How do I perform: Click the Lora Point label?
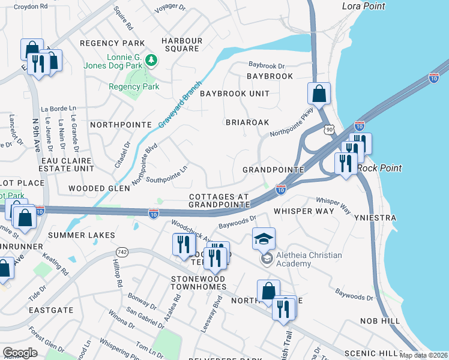click(x=363, y=6)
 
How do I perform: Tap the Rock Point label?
click(x=379, y=169)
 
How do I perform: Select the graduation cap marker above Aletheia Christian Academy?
click(x=264, y=239)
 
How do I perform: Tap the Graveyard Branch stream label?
click(x=179, y=104)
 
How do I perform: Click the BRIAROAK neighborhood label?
click(x=247, y=122)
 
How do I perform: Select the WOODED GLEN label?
click(x=99, y=188)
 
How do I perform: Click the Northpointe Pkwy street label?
click(x=292, y=125)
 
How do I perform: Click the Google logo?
click(x=20, y=352)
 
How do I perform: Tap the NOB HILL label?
click(x=380, y=322)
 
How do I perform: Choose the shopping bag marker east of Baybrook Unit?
click(x=319, y=93)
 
